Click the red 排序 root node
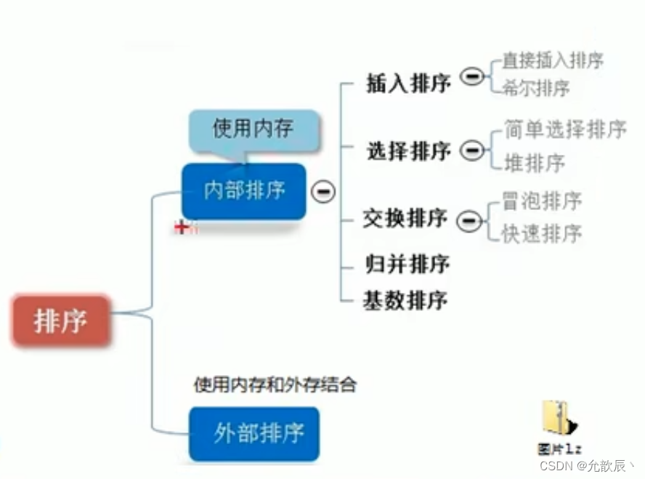[60, 320]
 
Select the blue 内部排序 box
[244, 191]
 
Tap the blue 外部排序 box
[254, 433]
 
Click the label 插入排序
[408, 83]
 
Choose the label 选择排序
[408, 152]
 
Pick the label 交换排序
[405, 219]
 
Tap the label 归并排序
[407, 263]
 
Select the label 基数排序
[405, 299]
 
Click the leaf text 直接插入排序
[553, 60]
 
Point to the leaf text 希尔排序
[536, 88]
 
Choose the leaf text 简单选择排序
[564, 130]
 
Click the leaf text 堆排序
[535, 163]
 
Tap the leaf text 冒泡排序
[542, 200]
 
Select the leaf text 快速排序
[542, 233]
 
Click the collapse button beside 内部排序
[323, 191]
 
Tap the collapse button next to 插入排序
[473, 76]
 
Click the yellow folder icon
[559, 418]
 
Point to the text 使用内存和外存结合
[275, 385]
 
